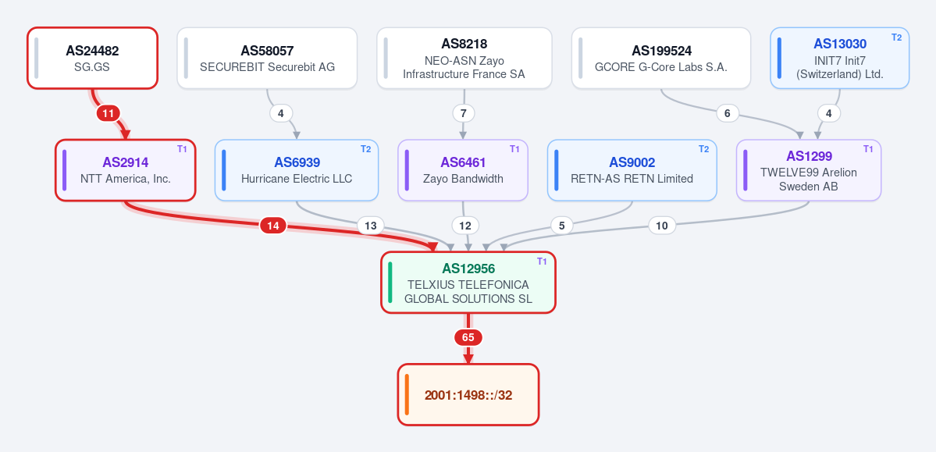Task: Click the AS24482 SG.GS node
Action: tap(93, 58)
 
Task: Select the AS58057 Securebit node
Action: tap(267, 58)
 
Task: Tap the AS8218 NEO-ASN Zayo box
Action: tap(464, 58)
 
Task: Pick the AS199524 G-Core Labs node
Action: tap(660, 58)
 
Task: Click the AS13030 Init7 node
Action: tap(840, 58)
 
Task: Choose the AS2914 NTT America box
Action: tap(126, 170)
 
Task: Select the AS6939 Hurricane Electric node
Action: tap(297, 170)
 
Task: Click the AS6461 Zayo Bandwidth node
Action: tap(463, 170)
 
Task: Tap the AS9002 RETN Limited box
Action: tap(632, 170)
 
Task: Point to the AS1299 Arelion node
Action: tap(808, 170)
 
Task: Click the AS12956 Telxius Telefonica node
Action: tap(468, 283)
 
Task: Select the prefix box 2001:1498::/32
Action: tap(468, 395)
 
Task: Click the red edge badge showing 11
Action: tap(108, 113)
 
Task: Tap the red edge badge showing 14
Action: tap(272, 226)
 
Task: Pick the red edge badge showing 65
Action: tap(468, 338)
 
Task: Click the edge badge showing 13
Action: tap(371, 226)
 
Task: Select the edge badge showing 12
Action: tap(465, 226)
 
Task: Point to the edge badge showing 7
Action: tap(463, 113)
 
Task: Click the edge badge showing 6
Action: tap(727, 113)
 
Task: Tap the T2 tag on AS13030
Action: tap(897, 37)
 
